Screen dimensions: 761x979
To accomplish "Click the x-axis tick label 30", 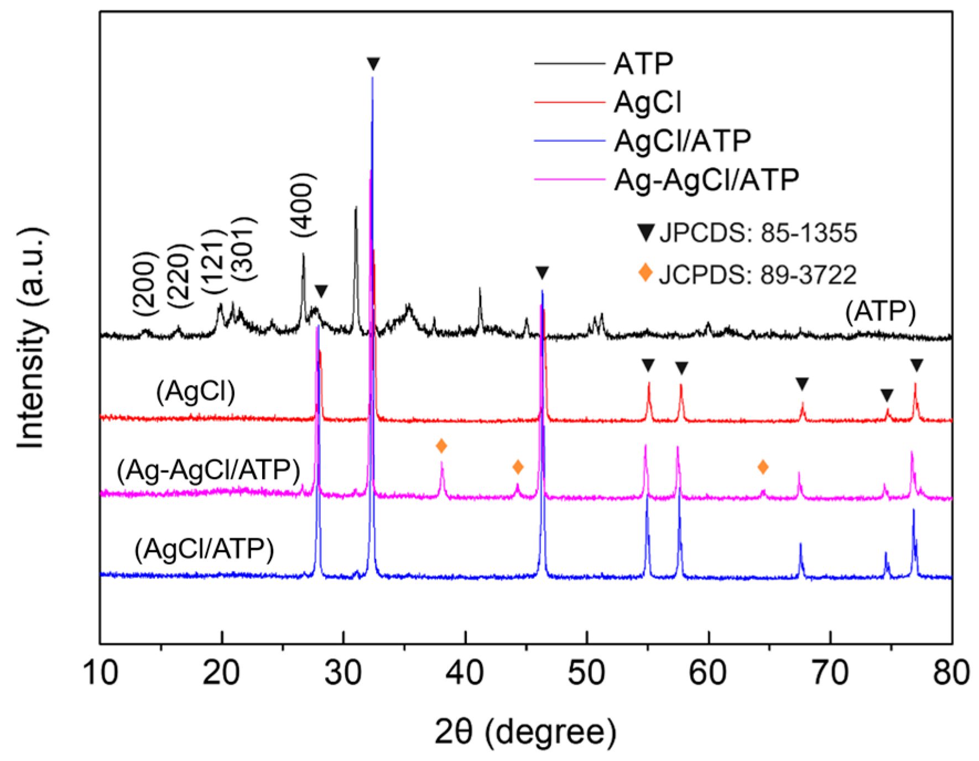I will click(343, 674).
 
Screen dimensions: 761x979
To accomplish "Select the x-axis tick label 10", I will click(101, 674).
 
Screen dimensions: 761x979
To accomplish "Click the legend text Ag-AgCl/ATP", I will click(706, 179).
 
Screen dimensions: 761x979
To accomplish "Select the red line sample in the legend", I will click(570, 102).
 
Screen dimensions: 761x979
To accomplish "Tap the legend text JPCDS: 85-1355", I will click(758, 233).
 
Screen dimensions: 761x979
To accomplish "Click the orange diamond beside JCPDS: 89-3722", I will click(645, 272).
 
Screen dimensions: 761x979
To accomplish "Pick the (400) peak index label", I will click(303, 205).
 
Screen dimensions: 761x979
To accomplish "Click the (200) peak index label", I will click(145, 283).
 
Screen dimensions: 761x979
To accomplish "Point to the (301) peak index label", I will click(244, 249).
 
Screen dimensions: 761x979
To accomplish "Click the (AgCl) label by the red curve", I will click(196, 392).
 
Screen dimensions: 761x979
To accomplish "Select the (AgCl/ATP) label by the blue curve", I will click(204, 549).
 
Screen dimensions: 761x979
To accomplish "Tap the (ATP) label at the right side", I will click(881, 312).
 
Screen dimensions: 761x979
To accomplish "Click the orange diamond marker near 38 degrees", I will click(441, 446).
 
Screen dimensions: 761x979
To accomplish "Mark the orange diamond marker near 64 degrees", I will click(763, 467).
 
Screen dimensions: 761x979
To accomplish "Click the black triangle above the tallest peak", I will click(373, 64).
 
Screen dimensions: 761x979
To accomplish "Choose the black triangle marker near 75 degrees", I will click(887, 395).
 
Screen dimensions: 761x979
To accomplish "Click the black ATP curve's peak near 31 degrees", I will click(356, 209).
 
